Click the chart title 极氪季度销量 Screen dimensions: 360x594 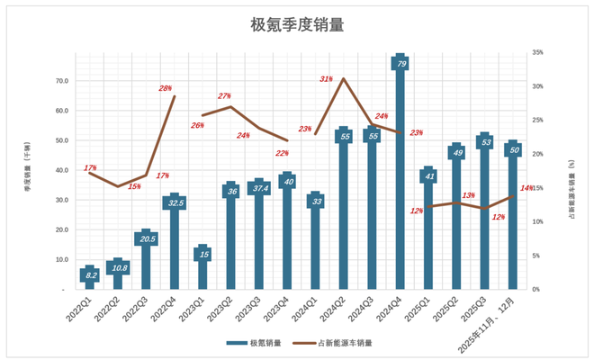297,25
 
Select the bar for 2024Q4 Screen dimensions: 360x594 400,180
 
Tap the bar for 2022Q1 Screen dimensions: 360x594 90,278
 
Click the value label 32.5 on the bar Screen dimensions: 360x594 175,203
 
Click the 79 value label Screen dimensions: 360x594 400,64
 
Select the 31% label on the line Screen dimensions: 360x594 327,79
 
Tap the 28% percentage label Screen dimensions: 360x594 166,88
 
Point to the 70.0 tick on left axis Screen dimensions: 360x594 62,81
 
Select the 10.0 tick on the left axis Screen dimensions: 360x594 62,260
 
